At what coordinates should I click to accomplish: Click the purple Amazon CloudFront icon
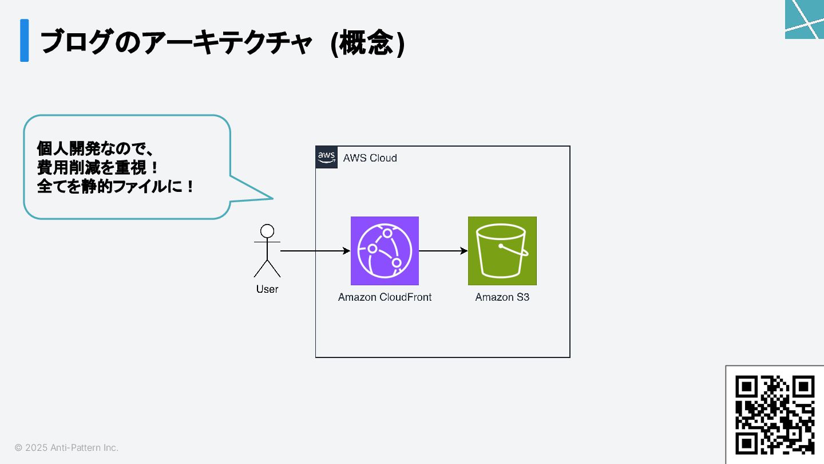tap(385, 251)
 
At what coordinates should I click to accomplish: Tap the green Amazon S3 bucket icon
tap(502, 251)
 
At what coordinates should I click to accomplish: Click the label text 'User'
tap(267, 289)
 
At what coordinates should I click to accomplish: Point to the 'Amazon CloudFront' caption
tap(385, 297)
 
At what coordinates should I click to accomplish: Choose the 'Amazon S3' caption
tap(502, 297)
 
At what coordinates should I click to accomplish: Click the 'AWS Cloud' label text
tap(370, 158)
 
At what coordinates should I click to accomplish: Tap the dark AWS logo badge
tap(326, 157)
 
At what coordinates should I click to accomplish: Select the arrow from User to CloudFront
tap(315, 251)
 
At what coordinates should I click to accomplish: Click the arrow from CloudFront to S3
tap(443, 251)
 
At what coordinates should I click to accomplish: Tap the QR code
tap(775, 415)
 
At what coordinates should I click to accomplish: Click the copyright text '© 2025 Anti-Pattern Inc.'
tap(66, 447)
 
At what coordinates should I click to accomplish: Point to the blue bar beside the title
tap(24, 40)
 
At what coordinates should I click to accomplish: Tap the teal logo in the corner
tap(805, 19)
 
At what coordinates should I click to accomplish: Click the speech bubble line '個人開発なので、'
tap(96, 149)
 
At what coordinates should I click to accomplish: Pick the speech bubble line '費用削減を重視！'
tap(97, 168)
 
